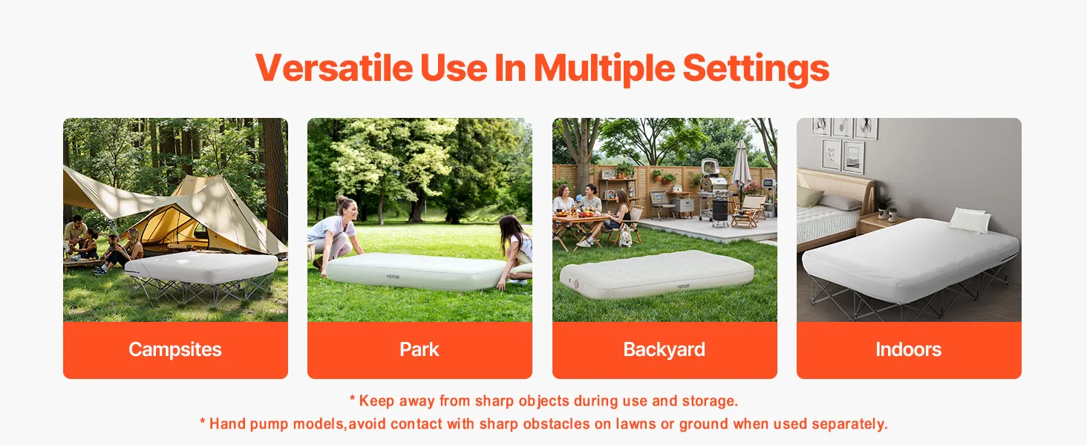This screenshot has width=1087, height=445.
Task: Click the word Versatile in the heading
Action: pos(334,68)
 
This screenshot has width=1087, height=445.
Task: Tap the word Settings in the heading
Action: pos(756,69)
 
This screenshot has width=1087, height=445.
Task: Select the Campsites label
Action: pos(175,350)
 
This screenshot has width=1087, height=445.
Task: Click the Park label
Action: pos(420,349)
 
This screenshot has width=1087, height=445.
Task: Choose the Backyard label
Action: pos(665,350)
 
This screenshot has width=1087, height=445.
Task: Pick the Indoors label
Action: pos(908,349)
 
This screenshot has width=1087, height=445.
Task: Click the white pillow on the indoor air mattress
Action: pos(970,220)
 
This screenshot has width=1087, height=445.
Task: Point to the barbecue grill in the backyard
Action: pos(714,191)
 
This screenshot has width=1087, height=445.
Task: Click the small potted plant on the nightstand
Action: pos(885,205)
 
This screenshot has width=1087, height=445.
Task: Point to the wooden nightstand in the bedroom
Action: pos(881,225)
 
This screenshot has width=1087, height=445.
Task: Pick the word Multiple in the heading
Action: pos(604,69)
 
